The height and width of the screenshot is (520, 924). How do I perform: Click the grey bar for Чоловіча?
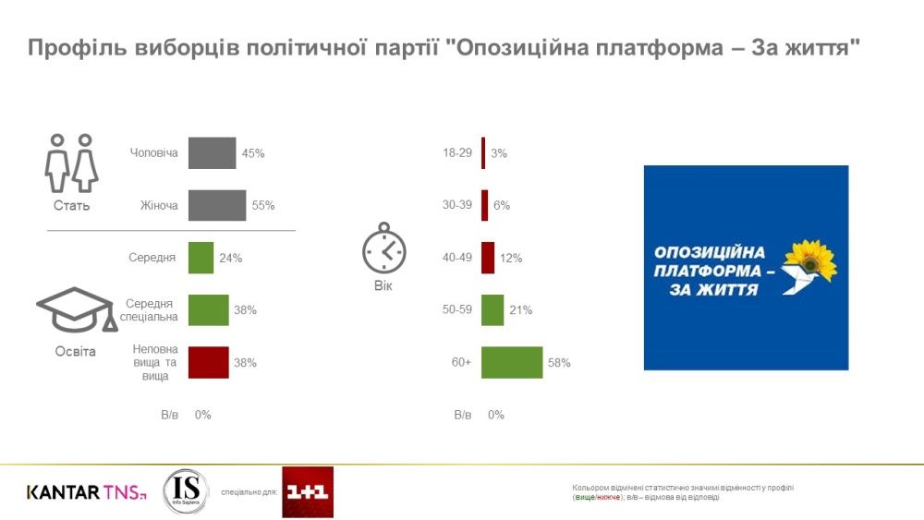(212, 153)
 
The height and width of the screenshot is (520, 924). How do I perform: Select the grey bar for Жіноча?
(217, 205)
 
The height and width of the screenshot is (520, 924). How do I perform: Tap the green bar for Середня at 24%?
(201, 258)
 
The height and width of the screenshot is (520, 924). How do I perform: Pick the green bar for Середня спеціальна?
(208, 310)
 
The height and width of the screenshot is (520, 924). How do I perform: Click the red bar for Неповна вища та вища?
(208, 363)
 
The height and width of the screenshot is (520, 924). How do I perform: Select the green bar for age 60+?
(512, 363)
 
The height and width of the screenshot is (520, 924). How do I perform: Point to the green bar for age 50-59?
(492, 310)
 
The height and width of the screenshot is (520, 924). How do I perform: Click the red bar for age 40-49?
(488, 258)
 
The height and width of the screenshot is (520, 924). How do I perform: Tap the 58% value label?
(560, 363)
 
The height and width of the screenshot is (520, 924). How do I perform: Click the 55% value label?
(263, 205)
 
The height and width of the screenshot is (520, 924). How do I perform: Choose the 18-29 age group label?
(458, 153)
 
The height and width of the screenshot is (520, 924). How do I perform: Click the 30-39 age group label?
(458, 205)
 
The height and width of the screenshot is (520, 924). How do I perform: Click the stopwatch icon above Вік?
(383, 248)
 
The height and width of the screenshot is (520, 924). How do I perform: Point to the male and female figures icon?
(71, 164)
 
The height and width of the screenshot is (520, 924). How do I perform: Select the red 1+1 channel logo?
(308, 491)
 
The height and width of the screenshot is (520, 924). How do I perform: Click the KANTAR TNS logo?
(86, 492)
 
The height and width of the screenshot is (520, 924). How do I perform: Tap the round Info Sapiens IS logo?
(185, 491)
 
